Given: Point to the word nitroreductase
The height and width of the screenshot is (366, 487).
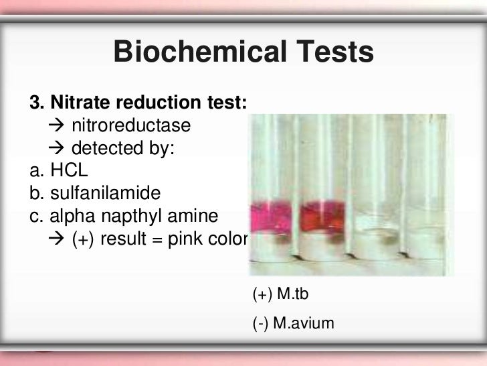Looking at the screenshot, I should pos(131,126).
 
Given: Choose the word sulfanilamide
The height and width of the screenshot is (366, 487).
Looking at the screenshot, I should pos(104,194).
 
